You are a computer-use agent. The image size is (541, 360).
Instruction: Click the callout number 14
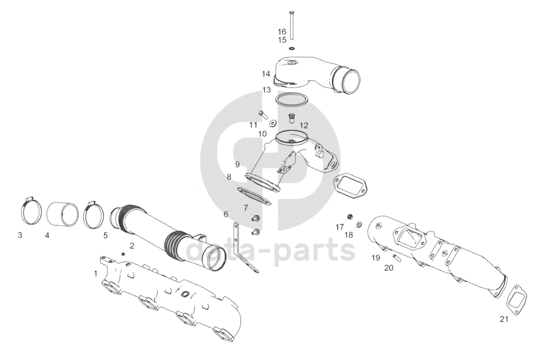[x=266, y=74]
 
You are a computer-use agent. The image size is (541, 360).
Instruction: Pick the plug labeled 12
[x=292, y=117]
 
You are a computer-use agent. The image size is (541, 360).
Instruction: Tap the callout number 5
[x=105, y=235]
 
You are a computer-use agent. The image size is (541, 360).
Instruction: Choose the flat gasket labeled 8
[x=254, y=196]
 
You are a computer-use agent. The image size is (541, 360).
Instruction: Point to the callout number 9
[x=237, y=165]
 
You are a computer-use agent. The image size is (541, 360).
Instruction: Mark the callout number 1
[x=96, y=273]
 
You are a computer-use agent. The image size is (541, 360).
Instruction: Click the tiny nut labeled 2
[x=123, y=254]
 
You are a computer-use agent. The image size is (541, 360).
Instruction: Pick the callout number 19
[x=376, y=258]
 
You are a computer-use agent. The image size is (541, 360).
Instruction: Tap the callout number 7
[x=246, y=208]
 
